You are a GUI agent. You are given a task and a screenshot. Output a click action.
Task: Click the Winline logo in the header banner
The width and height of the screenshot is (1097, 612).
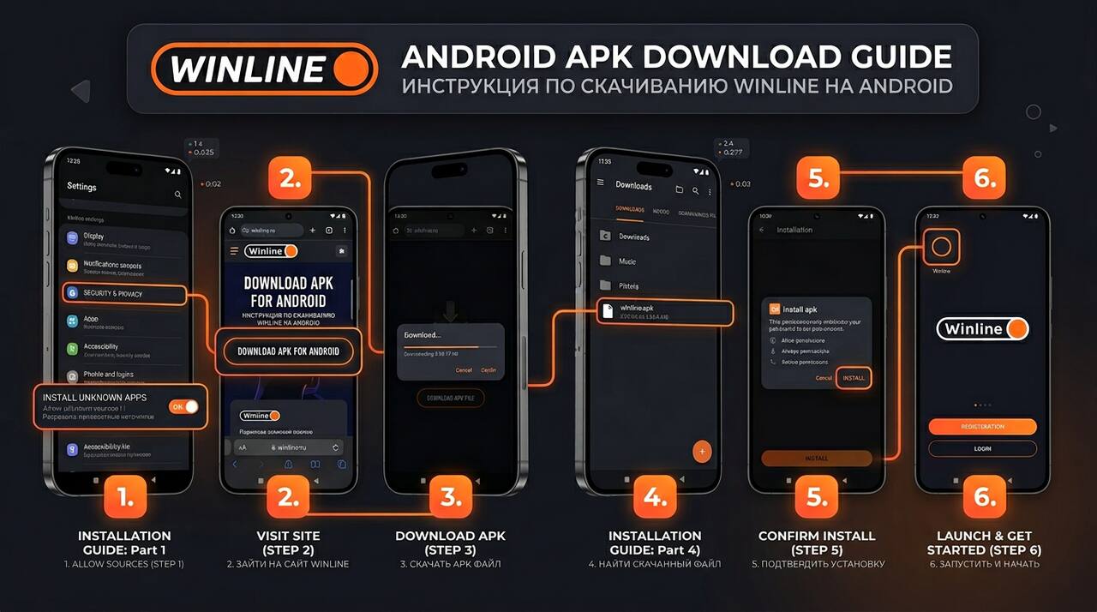pos(264,69)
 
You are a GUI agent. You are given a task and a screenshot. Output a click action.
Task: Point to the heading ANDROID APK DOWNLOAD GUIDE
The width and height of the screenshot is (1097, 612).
pos(676,57)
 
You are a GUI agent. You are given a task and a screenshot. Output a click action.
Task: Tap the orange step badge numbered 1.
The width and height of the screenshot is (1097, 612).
pos(125,498)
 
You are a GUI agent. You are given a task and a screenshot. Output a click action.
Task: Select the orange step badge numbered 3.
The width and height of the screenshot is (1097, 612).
pos(451,498)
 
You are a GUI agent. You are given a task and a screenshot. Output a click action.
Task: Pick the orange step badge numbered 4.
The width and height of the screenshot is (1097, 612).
pos(655,498)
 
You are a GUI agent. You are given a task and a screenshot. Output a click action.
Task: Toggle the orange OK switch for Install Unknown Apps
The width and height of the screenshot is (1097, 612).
pos(183,406)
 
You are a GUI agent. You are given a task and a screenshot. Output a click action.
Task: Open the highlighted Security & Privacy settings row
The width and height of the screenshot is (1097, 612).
pos(124,294)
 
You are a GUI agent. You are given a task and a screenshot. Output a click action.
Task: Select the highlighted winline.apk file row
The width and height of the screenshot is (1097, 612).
pos(664,313)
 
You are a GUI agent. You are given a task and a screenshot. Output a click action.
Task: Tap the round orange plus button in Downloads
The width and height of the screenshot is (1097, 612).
pos(702,451)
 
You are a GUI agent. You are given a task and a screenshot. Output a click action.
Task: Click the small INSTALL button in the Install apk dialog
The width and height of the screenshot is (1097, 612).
pos(854,378)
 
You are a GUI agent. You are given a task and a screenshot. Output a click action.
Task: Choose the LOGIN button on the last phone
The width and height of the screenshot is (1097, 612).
pos(982,449)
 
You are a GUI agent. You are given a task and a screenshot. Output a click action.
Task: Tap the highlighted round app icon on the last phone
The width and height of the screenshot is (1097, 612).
pos(941,249)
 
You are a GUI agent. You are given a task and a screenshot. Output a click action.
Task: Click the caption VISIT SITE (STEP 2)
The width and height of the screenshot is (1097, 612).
pos(288,543)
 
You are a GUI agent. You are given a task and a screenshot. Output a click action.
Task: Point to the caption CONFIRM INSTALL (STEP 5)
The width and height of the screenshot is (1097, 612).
pos(817,543)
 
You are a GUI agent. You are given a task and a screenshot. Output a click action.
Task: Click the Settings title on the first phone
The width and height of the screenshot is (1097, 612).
pos(81,186)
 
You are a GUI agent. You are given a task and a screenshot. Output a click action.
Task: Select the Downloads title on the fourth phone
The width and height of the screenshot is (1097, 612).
pos(633,186)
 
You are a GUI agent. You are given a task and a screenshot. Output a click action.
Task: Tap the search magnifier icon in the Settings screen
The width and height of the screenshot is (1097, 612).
pos(178,195)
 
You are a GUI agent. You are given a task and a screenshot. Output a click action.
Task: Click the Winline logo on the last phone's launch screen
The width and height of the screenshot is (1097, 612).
pos(982,329)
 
